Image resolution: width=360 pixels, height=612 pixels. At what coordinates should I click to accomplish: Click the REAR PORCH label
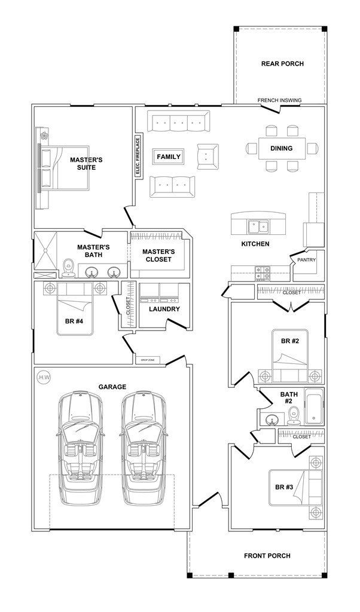pos(282,64)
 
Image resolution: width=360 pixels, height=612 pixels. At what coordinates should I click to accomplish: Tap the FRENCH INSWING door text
pos(279,100)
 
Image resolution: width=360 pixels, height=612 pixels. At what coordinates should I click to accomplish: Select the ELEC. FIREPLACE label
pos(138,157)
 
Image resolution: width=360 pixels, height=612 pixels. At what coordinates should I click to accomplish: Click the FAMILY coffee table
pos(169,157)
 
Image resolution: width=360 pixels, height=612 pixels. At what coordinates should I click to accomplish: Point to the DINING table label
pos(282,148)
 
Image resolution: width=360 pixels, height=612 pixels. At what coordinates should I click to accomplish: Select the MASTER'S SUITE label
pos(87,164)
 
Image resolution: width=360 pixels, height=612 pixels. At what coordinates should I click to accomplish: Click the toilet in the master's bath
pos(68,268)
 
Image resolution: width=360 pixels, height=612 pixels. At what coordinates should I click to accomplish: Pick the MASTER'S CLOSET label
pos(158,256)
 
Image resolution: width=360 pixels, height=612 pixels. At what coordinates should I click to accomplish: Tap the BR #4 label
pos(75,320)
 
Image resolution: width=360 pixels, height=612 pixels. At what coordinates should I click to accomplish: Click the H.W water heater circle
pos(42,378)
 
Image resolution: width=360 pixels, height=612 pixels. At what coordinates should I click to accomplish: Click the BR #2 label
pos(290,341)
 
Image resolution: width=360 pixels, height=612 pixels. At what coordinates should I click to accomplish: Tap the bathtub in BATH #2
pos(313,408)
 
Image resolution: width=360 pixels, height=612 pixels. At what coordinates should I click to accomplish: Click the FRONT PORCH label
pos(267,556)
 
